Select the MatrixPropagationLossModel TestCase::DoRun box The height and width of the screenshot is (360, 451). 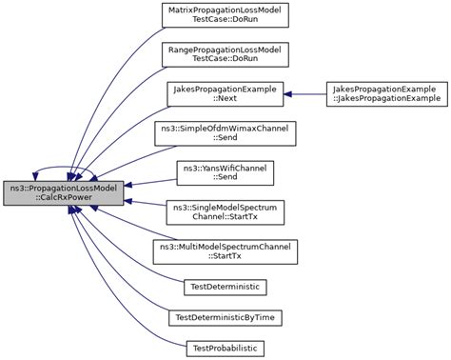[225, 15]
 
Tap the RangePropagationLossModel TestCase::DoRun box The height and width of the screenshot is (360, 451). [225, 54]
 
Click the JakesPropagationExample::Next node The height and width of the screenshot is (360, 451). [225, 93]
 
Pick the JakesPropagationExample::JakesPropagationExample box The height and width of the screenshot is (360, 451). [385, 93]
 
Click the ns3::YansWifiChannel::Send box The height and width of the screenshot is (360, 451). [225, 172]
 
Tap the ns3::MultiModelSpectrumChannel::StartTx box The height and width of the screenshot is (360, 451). [225, 251]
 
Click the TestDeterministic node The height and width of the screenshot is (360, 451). [225, 286]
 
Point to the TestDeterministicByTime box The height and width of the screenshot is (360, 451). [225, 316]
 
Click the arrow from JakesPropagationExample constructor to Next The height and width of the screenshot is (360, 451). [304, 93]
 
